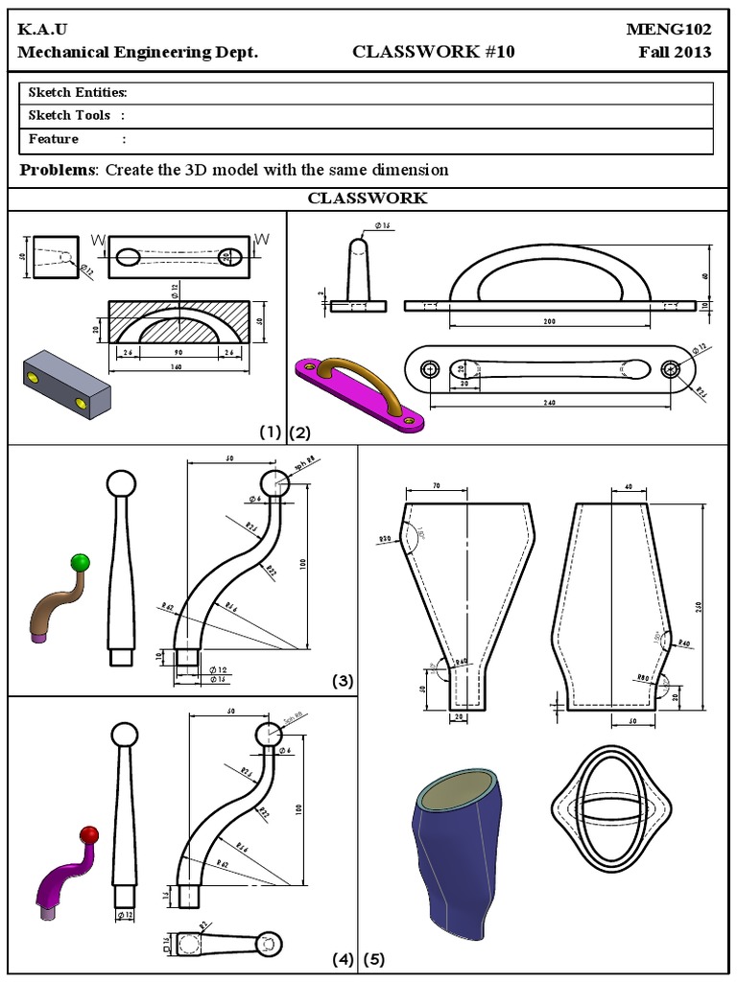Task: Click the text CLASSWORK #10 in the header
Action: tap(434, 52)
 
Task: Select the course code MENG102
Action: tap(669, 30)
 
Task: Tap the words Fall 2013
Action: tap(676, 52)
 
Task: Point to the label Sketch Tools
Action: tap(69, 116)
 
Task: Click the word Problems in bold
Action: tap(58, 170)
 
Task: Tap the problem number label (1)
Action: tap(270, 433)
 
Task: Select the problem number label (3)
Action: tap(343, 682)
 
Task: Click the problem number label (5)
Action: tap(373, 958)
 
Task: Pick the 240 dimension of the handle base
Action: tap(549, 403)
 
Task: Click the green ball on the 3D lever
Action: tap(81, 562)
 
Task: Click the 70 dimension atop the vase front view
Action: tap(436, 487)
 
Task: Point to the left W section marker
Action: tap(98, 239)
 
